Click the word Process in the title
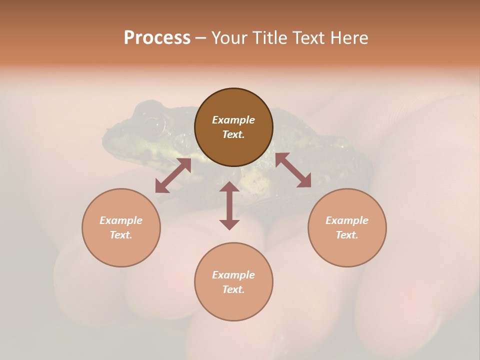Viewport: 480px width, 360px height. (157, 38)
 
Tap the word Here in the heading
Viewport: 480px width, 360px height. (348, 38)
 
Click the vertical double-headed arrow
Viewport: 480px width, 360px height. (229, 205)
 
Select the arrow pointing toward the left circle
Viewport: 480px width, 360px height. (173, 175)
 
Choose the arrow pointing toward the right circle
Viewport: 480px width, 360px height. (293, 170)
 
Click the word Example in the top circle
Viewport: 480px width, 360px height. (233, 120)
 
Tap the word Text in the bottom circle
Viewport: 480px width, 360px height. (233, 289)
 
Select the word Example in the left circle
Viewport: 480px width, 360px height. (121, 220)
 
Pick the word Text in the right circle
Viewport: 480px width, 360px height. (347, 235)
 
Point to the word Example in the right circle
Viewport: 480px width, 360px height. (347, 220)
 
